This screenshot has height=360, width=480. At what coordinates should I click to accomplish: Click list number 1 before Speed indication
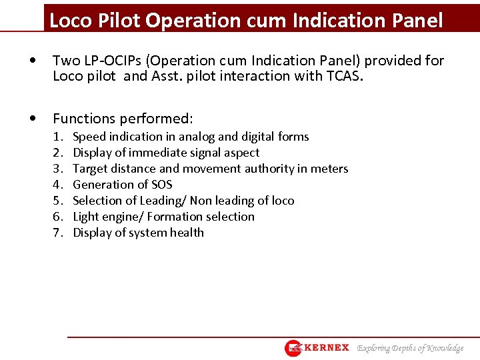tap(58, 137)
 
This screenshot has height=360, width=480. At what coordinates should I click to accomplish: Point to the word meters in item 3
tap(329, 169)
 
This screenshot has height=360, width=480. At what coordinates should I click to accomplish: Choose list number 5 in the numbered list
tap(58, 201)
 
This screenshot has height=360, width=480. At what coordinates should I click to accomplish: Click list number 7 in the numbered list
tap(58, 233)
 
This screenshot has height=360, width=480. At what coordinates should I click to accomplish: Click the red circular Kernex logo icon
tap(293, 348)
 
